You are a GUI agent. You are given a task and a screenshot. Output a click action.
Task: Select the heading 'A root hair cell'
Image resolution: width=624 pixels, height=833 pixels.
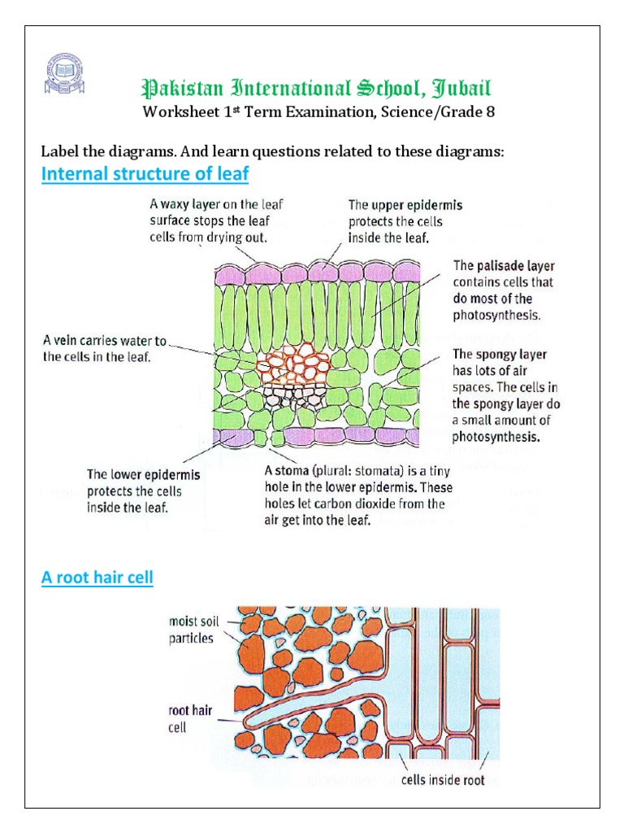pyautogui.click(x=97, y=578)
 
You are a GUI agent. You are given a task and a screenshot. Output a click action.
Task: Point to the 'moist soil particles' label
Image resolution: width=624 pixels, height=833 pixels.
pyautogui.click(x=193, y=630)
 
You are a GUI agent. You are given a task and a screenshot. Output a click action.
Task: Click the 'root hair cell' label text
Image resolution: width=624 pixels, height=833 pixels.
pyautogui.click(x=190, y=718)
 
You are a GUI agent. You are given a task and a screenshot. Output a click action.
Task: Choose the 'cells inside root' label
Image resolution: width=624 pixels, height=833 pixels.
pyautogui.click(x=443, y=780)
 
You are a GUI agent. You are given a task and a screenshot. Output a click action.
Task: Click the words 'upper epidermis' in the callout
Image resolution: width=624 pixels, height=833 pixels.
pyautogui.click(x=418, y=206)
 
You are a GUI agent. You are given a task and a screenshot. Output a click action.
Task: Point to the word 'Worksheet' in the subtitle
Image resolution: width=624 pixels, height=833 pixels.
pyautogui.click(x=178, y=112)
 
